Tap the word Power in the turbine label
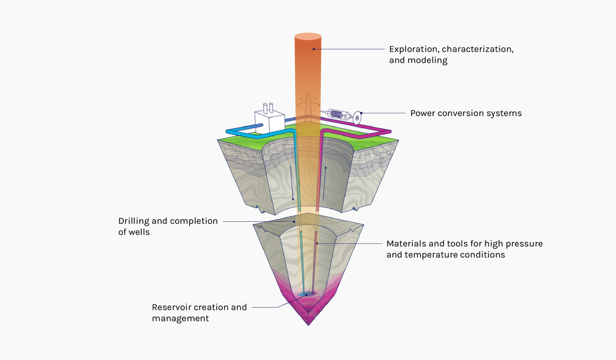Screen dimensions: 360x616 point(424,113)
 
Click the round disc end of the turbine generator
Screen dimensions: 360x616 point(355,117)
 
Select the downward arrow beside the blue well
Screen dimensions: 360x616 point(293,192)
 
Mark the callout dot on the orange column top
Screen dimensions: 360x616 point(314,49)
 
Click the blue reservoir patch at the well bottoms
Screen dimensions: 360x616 point(306,295)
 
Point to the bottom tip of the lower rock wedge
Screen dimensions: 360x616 point(309,324)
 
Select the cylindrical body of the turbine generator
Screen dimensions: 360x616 point(336,113)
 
